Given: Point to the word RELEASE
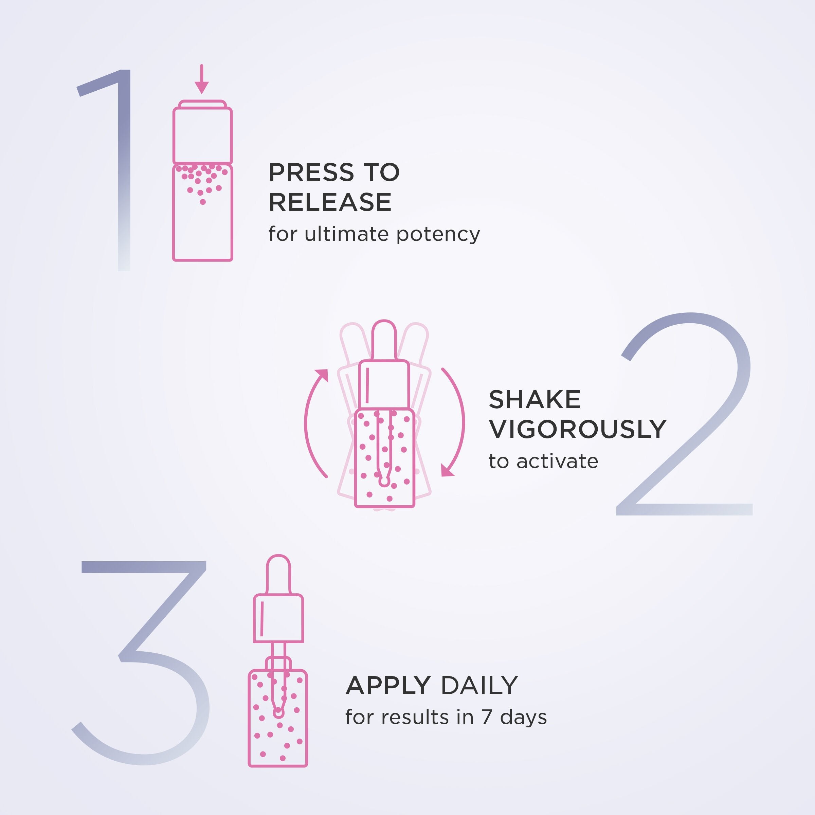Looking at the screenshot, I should pos(330,202).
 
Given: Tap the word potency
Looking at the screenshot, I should pos(438,235).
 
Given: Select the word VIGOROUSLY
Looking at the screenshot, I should pos(577,430).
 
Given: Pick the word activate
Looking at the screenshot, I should pos(557,461).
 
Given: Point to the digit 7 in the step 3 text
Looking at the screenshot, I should pos(487,718).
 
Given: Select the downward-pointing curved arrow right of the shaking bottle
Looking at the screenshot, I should pos(456,422).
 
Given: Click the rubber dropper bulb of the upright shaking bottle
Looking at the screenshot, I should pos(383,340).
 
